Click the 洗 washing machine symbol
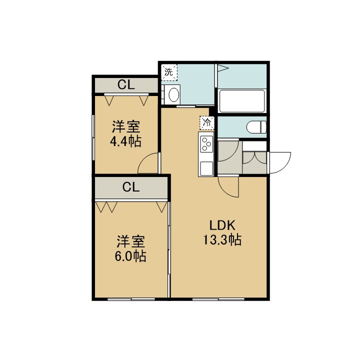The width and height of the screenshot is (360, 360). pos(169,72)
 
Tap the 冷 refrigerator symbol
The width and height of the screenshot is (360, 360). pos(207,123)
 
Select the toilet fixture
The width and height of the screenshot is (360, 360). pos(256,127)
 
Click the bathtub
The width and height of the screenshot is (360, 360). pos(242,101)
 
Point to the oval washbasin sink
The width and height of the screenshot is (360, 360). pos(174,94)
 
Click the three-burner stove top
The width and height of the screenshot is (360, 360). pos(206,144)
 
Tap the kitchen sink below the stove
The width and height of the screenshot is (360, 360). pos(206,168)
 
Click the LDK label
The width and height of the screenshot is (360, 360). pos(222,225)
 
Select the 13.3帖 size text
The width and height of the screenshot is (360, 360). pos(222,240)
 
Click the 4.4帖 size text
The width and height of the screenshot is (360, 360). pos(125,141)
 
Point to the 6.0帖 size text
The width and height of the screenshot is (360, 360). pos(130,256)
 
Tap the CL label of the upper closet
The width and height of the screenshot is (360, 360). pos(126,85)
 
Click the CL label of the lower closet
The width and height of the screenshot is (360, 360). pos(131,187)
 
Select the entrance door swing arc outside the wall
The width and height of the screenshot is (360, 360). pos(285,166)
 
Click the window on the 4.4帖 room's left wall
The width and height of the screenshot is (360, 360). pos(93,137)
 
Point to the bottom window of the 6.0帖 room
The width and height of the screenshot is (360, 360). pos(131,299)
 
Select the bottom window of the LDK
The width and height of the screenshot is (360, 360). pos(218,299)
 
